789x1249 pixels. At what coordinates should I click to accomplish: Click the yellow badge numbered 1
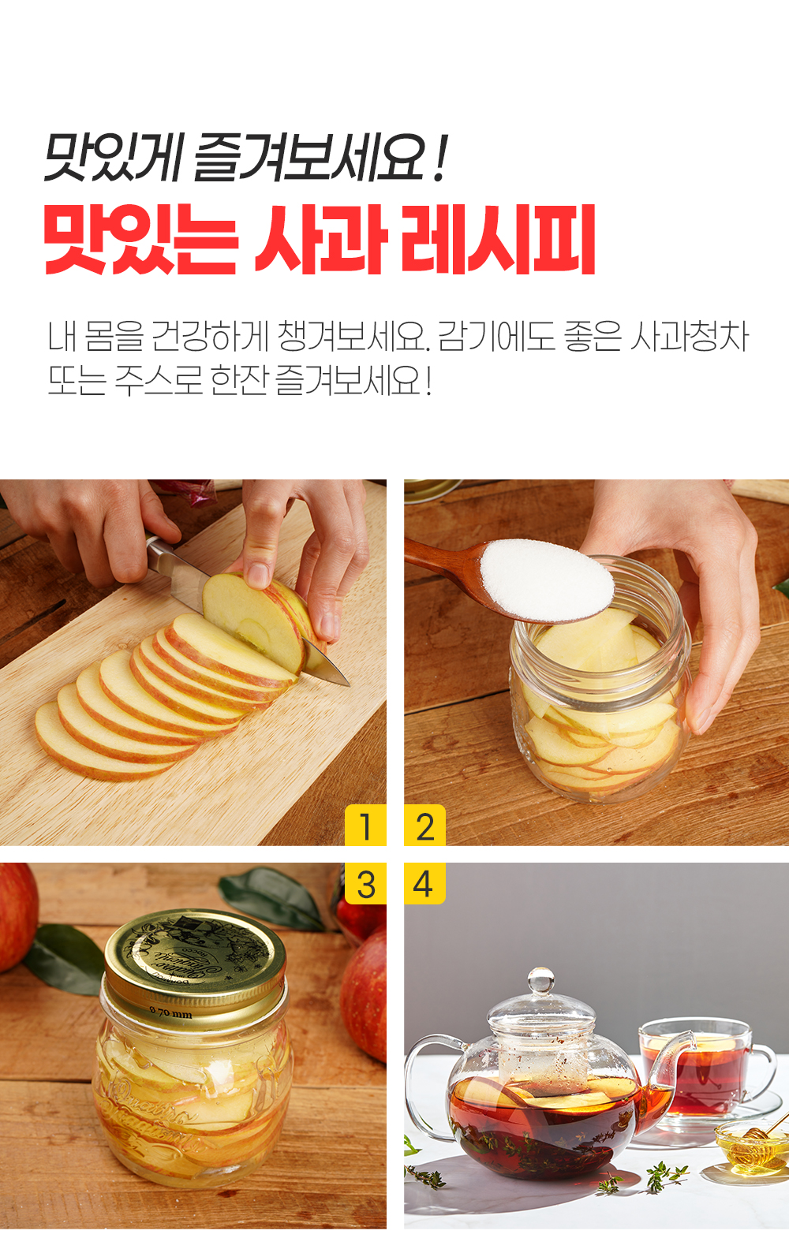(365, 826)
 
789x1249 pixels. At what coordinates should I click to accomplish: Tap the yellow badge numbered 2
(425, 826)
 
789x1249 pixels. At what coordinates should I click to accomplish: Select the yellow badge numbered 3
(365, 884)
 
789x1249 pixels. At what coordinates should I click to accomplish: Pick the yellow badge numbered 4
(424, 884)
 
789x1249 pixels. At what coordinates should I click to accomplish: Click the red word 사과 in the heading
(321, 239)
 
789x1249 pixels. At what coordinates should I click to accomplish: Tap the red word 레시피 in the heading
(499, 239)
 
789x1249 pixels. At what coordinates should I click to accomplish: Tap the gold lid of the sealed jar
(195, 955)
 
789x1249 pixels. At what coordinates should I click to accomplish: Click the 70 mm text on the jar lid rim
(171, 1012)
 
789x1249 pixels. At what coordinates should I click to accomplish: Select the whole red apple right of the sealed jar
(365, 994)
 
